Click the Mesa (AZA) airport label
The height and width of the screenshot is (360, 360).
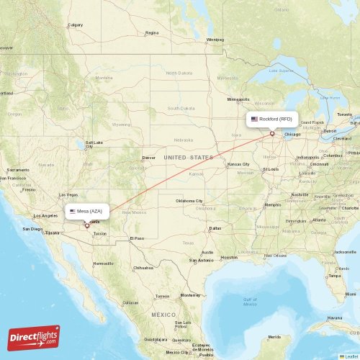[x=87, y=212]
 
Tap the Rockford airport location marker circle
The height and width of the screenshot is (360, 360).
[x=272, y=132]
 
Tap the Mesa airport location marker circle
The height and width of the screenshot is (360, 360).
[x=87, y=225]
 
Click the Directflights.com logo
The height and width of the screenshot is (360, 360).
[x=35, y=337]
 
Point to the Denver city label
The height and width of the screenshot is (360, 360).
[x=148, y=157]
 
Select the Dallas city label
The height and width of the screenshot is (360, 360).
[x=215, y=228]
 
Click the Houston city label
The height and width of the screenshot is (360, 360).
[x=229, y=257]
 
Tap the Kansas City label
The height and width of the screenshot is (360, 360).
[x=238, y=164]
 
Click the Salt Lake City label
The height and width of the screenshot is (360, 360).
[x=94, y=144]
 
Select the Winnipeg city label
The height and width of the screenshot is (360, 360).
[x=215, y=40]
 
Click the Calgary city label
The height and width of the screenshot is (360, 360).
[x=75, y=24]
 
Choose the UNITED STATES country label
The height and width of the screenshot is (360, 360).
[x=188, y=157]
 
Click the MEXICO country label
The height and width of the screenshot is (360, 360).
[x=163, y=315]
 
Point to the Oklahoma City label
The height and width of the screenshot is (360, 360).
[x=189, y=201]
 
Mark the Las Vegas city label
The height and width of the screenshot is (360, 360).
[x=68, y=194]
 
